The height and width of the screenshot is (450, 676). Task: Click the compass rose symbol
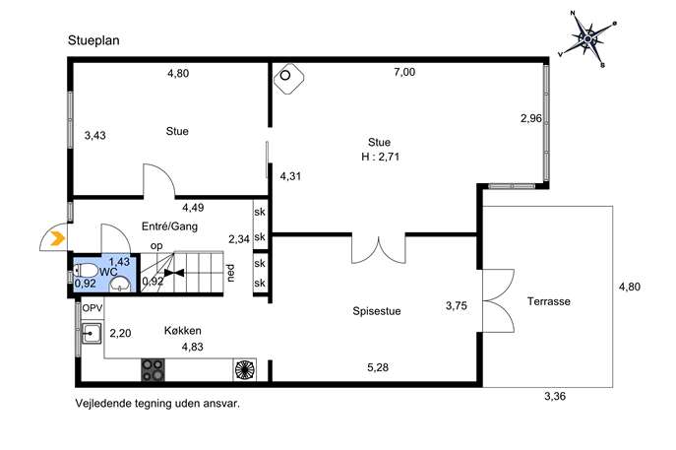pos(587,38)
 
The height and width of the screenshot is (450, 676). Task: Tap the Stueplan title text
pos(93,40)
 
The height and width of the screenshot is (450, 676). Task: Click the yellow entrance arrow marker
pos(58,238)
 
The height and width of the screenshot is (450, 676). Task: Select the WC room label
pos(108,272)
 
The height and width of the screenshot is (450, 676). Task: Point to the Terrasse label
pos(548,301)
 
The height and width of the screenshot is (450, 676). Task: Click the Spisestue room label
pos(376,311)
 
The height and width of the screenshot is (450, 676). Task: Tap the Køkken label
pos(182,331)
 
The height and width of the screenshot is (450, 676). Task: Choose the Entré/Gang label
pos(169,226)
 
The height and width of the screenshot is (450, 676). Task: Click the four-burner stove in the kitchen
pos(154,370)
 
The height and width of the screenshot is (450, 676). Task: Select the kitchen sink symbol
pos(92,333)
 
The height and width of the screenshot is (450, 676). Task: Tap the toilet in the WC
pos(86,271)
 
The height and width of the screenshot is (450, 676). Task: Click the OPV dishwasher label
pos(92,308)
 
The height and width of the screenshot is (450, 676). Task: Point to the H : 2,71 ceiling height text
pos(380,157)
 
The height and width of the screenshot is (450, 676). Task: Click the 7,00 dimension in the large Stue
pos(404,72)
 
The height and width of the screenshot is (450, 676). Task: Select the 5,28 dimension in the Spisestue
pos(378,367)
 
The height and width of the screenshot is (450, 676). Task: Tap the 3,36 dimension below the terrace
pos(555,396)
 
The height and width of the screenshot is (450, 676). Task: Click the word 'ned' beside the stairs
pos(231,273)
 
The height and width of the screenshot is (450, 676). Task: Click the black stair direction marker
pos(174,273)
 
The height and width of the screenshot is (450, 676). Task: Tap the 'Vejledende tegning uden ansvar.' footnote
pos(157,404)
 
